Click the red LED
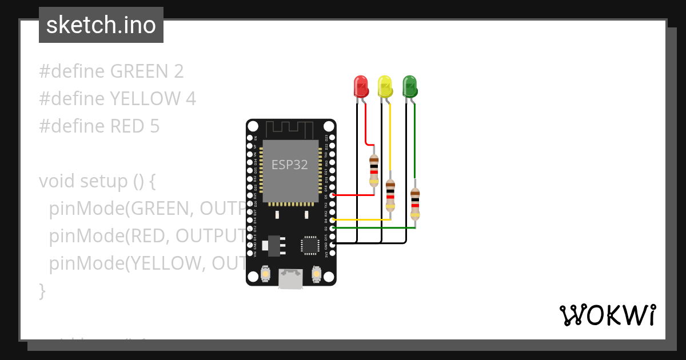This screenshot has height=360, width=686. pos(361,86)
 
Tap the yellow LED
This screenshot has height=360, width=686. pos(385,86)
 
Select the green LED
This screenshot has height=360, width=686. pos(409,86)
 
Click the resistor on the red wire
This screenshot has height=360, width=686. pos(374,170)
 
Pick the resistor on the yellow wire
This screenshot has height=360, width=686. pos(390,195)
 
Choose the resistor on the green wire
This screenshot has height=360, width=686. pos(414,204)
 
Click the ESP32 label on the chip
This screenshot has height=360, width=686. pos(289,165)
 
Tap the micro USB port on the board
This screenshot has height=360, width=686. pos(291,279)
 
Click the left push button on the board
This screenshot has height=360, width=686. pos(265,275)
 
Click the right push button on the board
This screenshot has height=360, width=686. pos(316,275)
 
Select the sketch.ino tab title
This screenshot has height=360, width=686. pos(101,25)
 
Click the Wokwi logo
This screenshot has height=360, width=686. pos(607,315)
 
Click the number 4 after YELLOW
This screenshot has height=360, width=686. pos(191,99)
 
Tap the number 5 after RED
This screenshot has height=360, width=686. pos(154,126)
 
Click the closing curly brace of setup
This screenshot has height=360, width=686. pos(42,291)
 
